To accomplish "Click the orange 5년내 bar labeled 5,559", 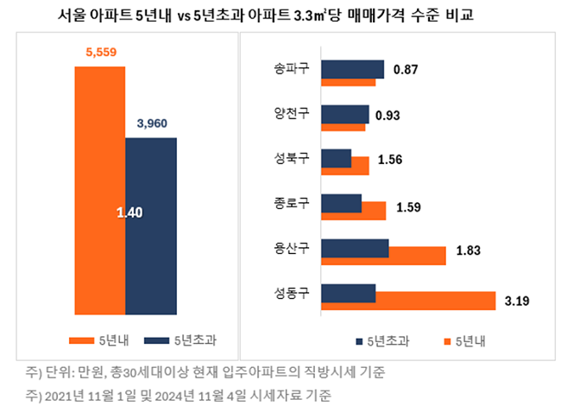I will pos(99,190).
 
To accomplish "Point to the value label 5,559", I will pos(99,53).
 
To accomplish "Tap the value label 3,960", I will pos(152,124).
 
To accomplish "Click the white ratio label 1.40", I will pos(129,212).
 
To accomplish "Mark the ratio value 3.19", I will pos(516,301).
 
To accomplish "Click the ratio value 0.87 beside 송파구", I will pos(406,69).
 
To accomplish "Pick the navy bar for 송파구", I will pos(352,68).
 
